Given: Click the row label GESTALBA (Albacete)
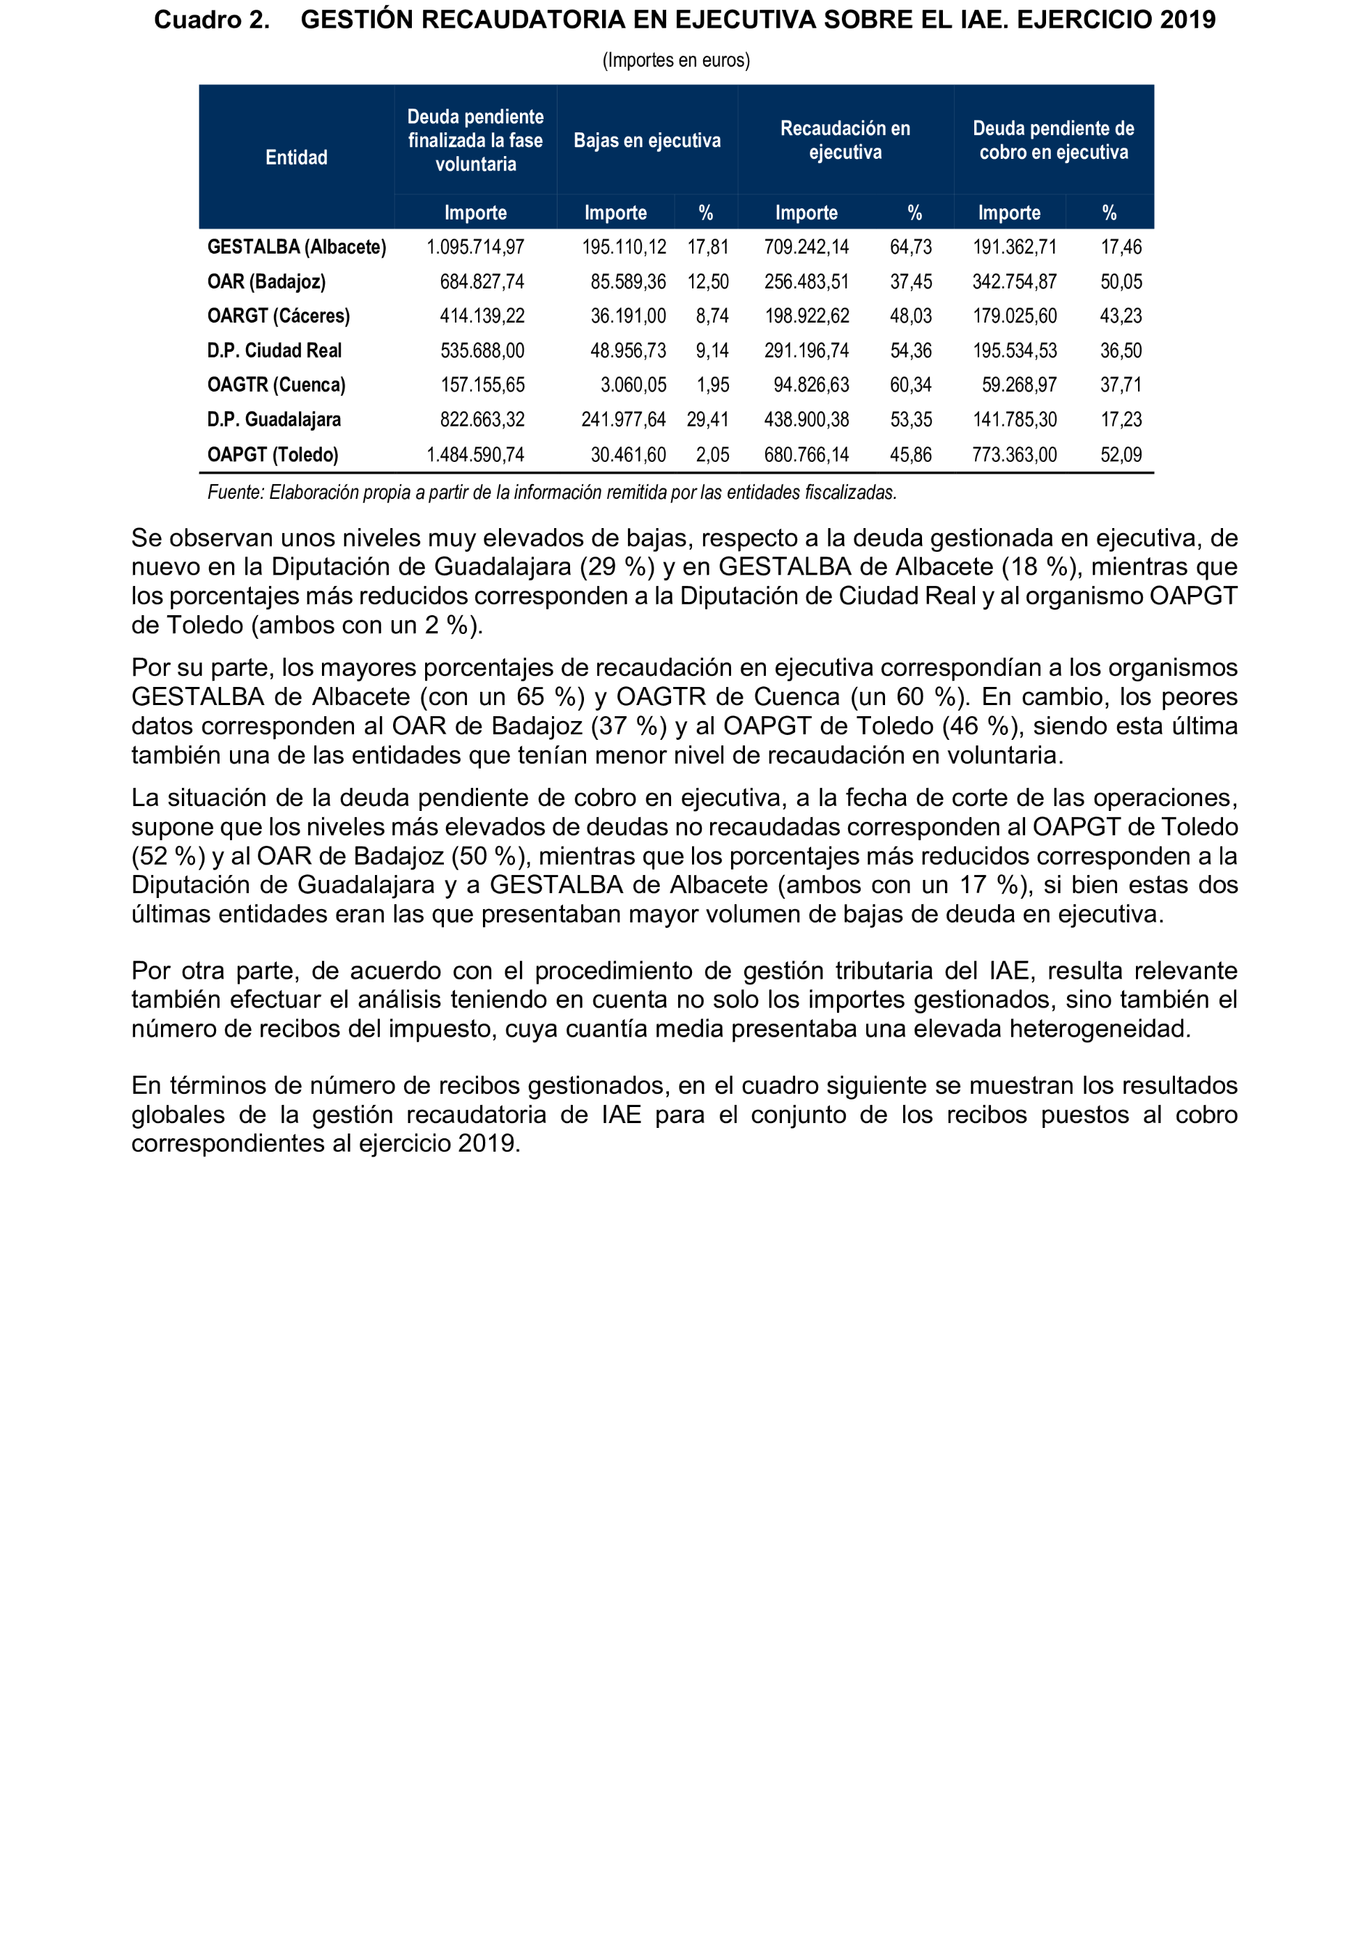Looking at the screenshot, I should point(296,247).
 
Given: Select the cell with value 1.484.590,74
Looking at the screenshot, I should point(475,455).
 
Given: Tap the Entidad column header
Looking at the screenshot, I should point(296,157).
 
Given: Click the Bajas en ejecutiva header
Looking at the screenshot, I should point(647,141).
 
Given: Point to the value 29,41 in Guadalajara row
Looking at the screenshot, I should point(707,419).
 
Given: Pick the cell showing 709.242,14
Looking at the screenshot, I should point(806,247).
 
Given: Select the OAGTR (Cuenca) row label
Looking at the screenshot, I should point(276,385).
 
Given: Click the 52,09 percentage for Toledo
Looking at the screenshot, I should point(1121,455).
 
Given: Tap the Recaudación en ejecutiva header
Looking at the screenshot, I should point(845,141).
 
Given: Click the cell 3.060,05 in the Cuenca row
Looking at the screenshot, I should point(633,385).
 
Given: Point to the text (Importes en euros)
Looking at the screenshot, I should point(675,60).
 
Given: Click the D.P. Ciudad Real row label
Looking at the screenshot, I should point(275,350).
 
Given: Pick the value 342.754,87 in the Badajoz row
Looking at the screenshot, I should point(1014,281).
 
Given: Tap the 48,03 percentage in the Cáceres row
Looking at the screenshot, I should point(911,316).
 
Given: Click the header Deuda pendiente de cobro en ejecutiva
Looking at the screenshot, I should point(1053,141).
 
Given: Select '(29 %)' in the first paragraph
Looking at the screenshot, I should point(617,567).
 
